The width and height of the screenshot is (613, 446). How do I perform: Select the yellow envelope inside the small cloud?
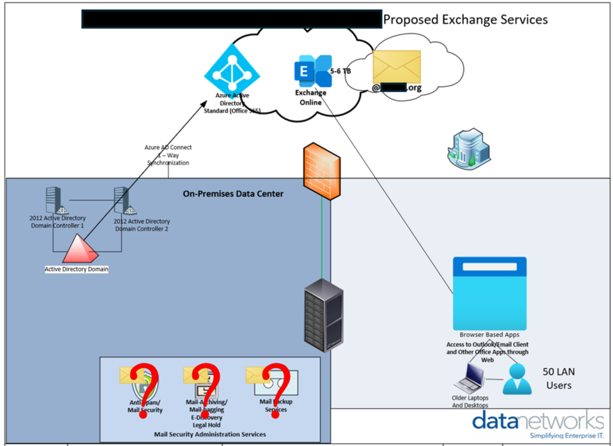click(396, 66)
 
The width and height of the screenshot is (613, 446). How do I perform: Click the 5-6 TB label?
click(341, 71)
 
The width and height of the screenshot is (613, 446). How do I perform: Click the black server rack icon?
click(323, 314)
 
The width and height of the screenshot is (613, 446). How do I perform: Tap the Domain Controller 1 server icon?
click(54, 200)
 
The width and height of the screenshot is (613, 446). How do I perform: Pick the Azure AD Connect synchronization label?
click(168, 154)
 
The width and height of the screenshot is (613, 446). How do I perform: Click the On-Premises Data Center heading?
click(233, 194)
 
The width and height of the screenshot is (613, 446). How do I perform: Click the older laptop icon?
click(470, 378)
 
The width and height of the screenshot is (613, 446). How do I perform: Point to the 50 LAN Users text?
click(559, 378)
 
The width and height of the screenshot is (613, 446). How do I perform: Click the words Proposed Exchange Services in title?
click(465, 19)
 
